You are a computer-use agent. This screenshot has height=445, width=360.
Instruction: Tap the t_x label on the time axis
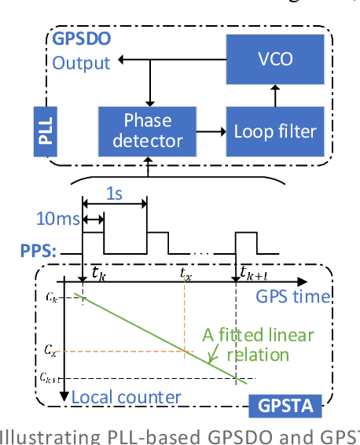[x=185, y=274]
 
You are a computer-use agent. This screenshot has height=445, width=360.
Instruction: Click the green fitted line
[x=157, y=337]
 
